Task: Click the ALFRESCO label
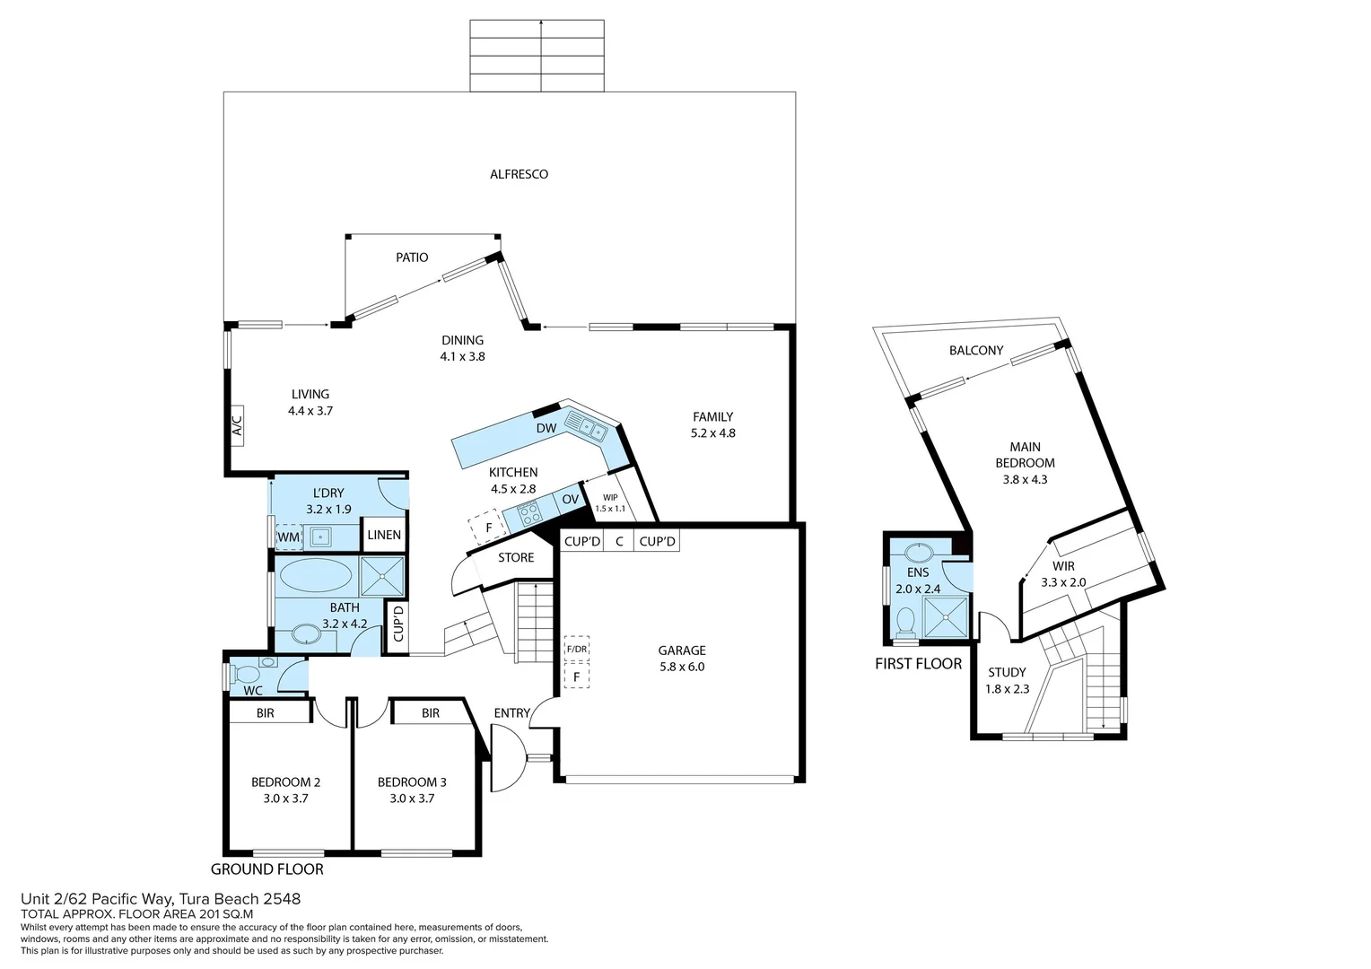pyautogui.click(x=519, y=174)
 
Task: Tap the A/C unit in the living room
pyautogui.click(x=237, y=423)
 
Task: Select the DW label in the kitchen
pyautogui.click(x=546, y=428)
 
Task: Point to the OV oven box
pyautogui.click(x=571, y=500)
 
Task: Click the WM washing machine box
pyautogui.click(x=288, y=537)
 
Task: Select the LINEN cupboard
pyautogui.click(x=384, y=535)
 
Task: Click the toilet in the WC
pyautogui.click(x=246, y=672)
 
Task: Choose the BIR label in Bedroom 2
pyautogui.click(x=265, y=712)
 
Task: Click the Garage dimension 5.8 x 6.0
pyautogui.click(x=682, y=667)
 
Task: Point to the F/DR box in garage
pyautogui.click(x=576, y=649)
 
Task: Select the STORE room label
pyautogui.click(x=516, y=557)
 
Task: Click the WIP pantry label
pyautogui.click(x=610, y=497)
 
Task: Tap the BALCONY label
pyautogui.click(x=976, y=351)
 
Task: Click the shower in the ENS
pyautogui.click(x=947, y=615)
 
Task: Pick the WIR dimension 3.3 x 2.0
pyautogui.click(x=1063, y=582)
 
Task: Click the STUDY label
pyautogui.click(x=1007, y=672)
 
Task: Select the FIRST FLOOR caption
pyautogui.click(x=918, y=664)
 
